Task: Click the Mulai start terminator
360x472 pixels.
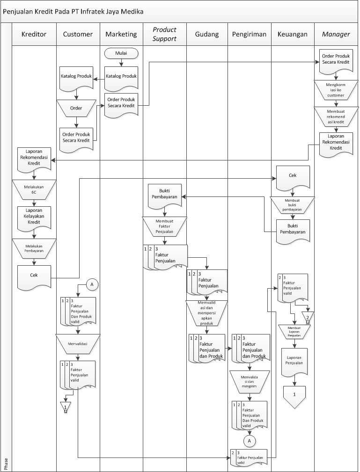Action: [x=121, y=53]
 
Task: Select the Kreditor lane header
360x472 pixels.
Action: [x=34, y=34]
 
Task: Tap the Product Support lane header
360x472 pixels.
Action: [x=164, y=34]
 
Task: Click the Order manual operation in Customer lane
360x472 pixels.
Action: [x=76, y=108]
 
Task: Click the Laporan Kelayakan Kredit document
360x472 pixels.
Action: [x=34, y=217]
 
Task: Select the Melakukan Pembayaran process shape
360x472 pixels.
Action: [x=34, y=247]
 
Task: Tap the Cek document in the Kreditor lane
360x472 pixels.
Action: [x=34, y=276]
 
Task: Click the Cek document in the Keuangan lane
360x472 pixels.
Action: [x=293, y=176]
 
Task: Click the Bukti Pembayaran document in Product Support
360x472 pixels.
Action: [x=164, y=193]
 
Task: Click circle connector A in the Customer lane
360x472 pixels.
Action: [x=92, y=284]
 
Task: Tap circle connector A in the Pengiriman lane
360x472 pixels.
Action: [x=250, y=441]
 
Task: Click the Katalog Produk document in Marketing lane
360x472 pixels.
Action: [x=121, y=77]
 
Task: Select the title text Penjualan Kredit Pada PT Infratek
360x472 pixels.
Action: [x=73, y=11]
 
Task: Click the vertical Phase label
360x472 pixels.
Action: [x=6, y=464]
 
